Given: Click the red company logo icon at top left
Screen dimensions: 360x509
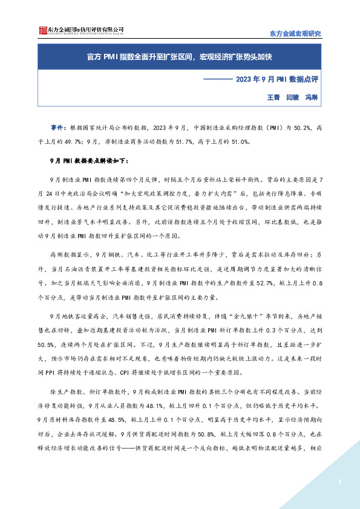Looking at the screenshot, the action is (x=42, y=30).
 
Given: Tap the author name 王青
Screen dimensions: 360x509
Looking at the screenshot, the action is (x=273, y=97).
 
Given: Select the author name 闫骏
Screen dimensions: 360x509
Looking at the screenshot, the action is (x=293, y=97).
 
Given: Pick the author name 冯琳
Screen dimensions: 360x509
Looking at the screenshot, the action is (x=312, y=97).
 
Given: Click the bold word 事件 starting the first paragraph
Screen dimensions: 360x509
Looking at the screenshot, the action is (x=58, y=128).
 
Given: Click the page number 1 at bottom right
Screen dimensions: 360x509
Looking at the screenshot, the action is (x=340, y=482).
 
